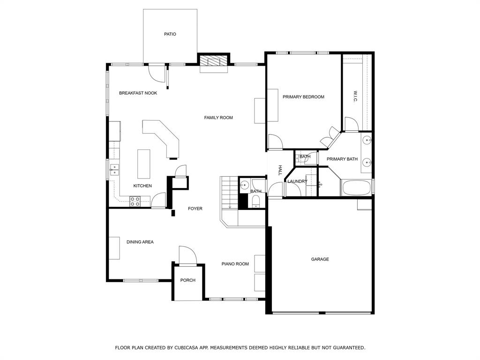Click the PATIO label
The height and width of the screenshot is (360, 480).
(x=170, y=34)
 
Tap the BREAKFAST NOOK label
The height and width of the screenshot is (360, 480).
(x=138, y=93)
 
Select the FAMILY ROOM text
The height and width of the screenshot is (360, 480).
(x=218, y=118)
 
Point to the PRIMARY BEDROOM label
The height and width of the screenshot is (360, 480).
(x=303, y=97)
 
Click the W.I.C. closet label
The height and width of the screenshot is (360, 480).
(x=356, y=97)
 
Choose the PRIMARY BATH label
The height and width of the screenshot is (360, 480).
(x=342, y=159)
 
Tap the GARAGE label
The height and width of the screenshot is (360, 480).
(x=320, y=259)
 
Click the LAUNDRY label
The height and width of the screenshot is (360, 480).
(x=297, y=181)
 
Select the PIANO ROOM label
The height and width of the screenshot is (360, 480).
(x=235, y=264)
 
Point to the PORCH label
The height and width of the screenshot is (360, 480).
(x=188, y=280)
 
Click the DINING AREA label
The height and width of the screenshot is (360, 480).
(x=140, y=242)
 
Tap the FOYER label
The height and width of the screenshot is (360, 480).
(x=195, y=209)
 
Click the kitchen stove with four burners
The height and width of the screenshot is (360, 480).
(x=135, y=201)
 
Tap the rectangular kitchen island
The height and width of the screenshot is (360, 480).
(x=144, y=164)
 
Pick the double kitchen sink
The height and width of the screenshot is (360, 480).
(x=114, y=169)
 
